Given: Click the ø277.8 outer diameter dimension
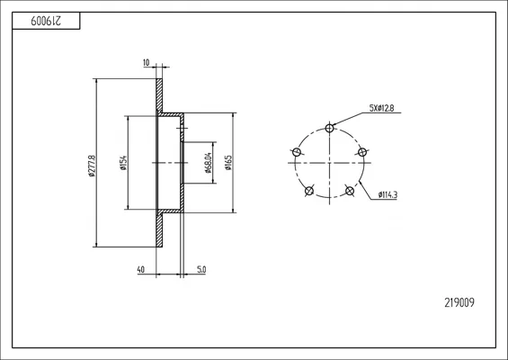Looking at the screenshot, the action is pyautogui.click(x=92, y=166).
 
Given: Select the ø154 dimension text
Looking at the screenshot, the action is pyautogui.click(x=123, y=163).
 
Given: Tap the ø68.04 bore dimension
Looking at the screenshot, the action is pyautogui.click(x=209, y=163).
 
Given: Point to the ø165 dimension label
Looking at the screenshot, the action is pyautogui.click(x=228, y=163).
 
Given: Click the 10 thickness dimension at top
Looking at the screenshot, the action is pyautogui.click(x=147, y=63).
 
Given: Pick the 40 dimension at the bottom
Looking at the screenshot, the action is pyautogui.click(x=141, y=269).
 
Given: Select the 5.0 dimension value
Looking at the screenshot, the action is pyautogui.click(x=201, y=269).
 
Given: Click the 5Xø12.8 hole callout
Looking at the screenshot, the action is pyautogui.click(x=381, y=108).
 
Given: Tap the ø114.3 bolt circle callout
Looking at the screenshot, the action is pyautogui.click(x=388, y=195).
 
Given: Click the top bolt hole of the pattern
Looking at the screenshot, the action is pyautogui.click(x=329, y=128).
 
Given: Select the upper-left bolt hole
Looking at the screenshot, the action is pyautogui.click(x=297, y=152).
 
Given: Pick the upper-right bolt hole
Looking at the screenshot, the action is pyautogui.click(x=362, y=152).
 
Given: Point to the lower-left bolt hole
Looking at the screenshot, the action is pyautogui.click(x=309, y=191).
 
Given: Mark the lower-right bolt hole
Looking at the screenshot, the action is pyautogui.click(x=350, y=191).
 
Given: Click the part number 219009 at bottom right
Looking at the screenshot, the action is pyautogui.click(x=459, y=303).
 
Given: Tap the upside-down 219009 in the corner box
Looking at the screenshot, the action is pyautogui.click(x=46, y=21).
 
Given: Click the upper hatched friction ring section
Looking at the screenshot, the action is pyautogui.click(x=159, y=95).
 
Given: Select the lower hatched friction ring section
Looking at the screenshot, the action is pyautogui.click(x=159, y=229).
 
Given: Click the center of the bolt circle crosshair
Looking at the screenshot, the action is pyautogui.click(x=329, y=163).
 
